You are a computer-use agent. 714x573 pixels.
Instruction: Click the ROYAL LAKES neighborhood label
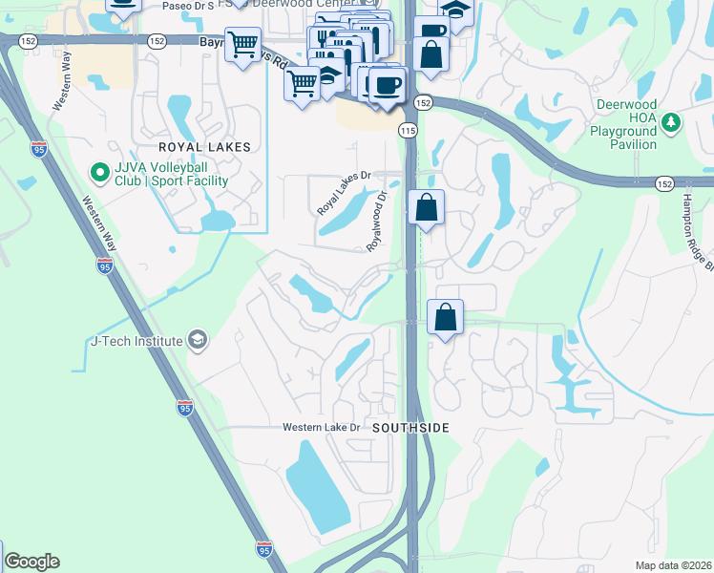tap(204, 147)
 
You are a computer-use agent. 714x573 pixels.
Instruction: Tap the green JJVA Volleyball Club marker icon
tap(98, 173)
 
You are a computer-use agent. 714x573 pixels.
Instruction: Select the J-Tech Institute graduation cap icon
tap(197, 341)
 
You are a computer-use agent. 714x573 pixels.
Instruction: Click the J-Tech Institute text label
tap(136, 341)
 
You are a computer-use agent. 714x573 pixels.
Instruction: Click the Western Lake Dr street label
tap(321, 427)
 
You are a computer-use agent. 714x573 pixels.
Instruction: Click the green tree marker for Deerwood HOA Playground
tap(671, 122)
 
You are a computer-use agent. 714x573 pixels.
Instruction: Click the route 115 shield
tap(409, 129)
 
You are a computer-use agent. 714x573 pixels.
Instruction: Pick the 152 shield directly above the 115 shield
tap(424, 102)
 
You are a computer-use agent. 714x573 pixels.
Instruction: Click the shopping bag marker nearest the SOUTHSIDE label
tap(445, 318)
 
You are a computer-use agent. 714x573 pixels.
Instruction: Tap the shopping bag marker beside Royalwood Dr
tap(427, 207)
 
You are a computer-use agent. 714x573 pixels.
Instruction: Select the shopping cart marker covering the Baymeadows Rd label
tap(243, 43)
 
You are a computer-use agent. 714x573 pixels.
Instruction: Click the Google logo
tap(31, 562)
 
